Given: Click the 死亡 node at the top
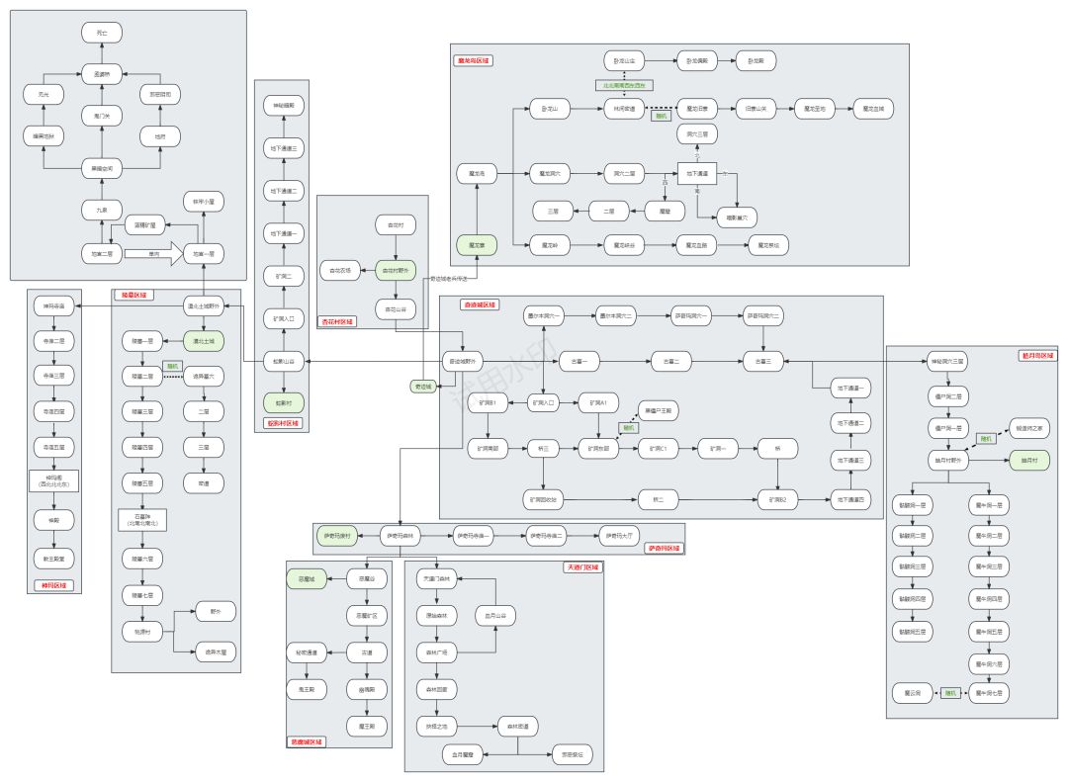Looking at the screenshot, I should click(x=102, y=34).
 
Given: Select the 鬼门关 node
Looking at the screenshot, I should click(x=102, y=116).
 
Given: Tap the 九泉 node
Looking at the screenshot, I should click(x=102, y=210).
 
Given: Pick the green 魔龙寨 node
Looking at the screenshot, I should click(x=477, y=242).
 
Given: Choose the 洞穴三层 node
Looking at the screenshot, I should click(x=697, y=131).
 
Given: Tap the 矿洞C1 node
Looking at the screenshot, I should click(x=653, y=448).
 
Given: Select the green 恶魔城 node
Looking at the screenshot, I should click(x=307, y=578).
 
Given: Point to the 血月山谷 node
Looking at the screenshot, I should click(x=495, y=615).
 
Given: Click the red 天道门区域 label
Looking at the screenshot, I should click(x=583, y=567).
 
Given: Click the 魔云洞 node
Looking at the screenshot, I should click(x=912, y=693).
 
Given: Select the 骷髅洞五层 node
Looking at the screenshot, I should click(x=913, y=630).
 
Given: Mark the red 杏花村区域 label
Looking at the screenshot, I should click(x=336, y=321).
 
